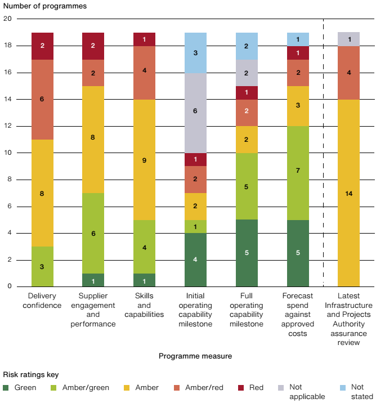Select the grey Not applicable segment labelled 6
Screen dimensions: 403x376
[x=195, y=113]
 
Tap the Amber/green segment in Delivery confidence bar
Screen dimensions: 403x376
[x=42, y=266]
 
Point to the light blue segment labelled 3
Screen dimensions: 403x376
[x=195, y=52]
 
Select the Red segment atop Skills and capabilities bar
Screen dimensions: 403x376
[x=144, y=39]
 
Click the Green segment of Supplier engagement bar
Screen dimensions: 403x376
[x=93, y=280]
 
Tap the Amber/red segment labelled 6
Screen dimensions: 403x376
[x=42, y=100]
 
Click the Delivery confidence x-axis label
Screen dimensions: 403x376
[x=42, y=301]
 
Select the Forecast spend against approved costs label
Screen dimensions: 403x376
[x=297, y=315]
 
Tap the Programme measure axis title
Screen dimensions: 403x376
[x=195, y=356]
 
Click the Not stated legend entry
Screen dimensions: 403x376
[x=357, y=391]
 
